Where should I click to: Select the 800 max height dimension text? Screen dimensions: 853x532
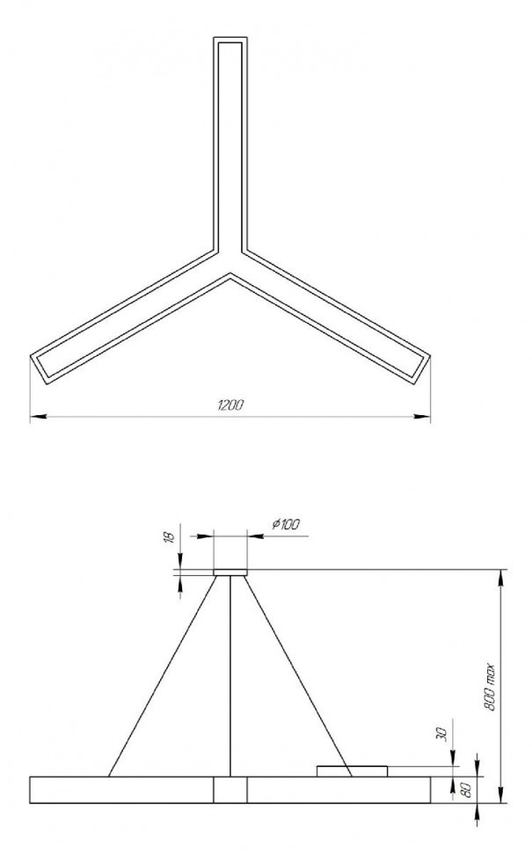point(490,687)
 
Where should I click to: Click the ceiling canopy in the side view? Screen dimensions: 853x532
point(230,572)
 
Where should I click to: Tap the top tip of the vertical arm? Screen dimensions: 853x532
point(230,40)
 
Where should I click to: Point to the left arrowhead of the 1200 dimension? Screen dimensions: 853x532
point(35,414)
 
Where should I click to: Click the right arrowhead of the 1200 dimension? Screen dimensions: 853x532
point(426,414)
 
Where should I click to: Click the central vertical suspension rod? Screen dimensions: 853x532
point(230,676)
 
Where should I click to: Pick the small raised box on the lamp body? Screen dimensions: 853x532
point(352,771)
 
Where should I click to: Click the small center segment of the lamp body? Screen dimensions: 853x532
point(230,790)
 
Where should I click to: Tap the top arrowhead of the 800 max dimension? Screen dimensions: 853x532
point(502,577)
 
